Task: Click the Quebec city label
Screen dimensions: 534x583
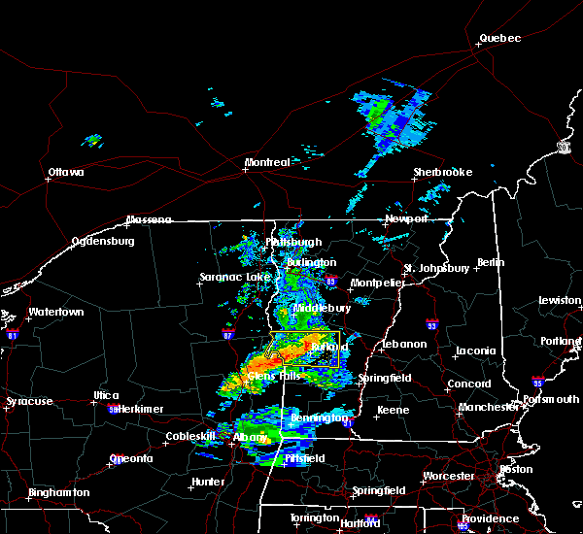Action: pyautogui.click(x=499, y=39)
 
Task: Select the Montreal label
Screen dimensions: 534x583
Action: pyautogui.click(x=266, y=162)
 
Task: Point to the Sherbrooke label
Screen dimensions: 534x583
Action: pyautogui.click(x=442, y=172)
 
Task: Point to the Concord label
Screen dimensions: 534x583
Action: pyautogui.click(x=468, y=384)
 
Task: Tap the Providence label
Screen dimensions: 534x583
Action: pyautogui.click(x=491, y=518)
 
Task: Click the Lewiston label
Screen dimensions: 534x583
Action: pyautogui.click(x=560, y=301)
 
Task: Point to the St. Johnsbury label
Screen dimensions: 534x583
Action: pyautogui.click(x=436, y=268)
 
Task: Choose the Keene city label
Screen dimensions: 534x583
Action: pyautogui.click(x=393, y=411)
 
